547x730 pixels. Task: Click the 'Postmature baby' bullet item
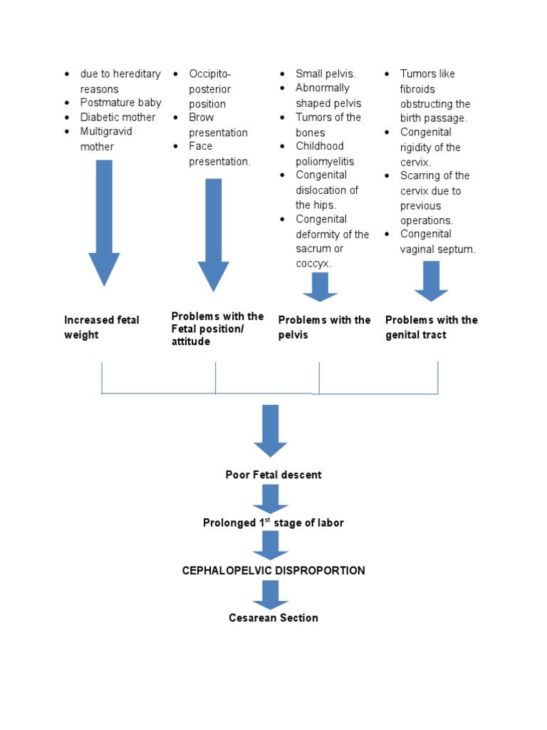coord(120,103)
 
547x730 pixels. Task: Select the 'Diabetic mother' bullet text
coord(118,117)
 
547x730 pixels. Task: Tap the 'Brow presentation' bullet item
coord(218,125)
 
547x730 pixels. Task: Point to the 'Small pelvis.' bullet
coord(325,74)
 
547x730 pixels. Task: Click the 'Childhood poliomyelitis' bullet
coord(325,154)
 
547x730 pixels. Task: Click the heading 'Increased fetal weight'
coord(102,327)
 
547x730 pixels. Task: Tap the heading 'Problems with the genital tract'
coord(432,327)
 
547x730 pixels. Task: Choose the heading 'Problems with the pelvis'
coord(324,327)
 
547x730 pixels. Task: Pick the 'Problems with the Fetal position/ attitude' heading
coord(217,329)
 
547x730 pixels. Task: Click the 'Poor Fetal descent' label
coord(273,475)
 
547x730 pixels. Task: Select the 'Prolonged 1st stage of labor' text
coord(273,523)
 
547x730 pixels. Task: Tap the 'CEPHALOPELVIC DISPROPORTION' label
coord(273,570)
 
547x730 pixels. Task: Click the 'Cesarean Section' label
coord(273,617)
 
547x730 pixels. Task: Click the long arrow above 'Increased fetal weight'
coord(104,221)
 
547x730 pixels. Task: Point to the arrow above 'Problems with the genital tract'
coord(432,280)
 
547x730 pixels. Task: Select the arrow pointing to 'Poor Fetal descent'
coord(271,430)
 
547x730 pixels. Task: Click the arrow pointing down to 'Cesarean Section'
coord(271,594)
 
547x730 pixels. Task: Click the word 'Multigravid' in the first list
coord(106,132)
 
